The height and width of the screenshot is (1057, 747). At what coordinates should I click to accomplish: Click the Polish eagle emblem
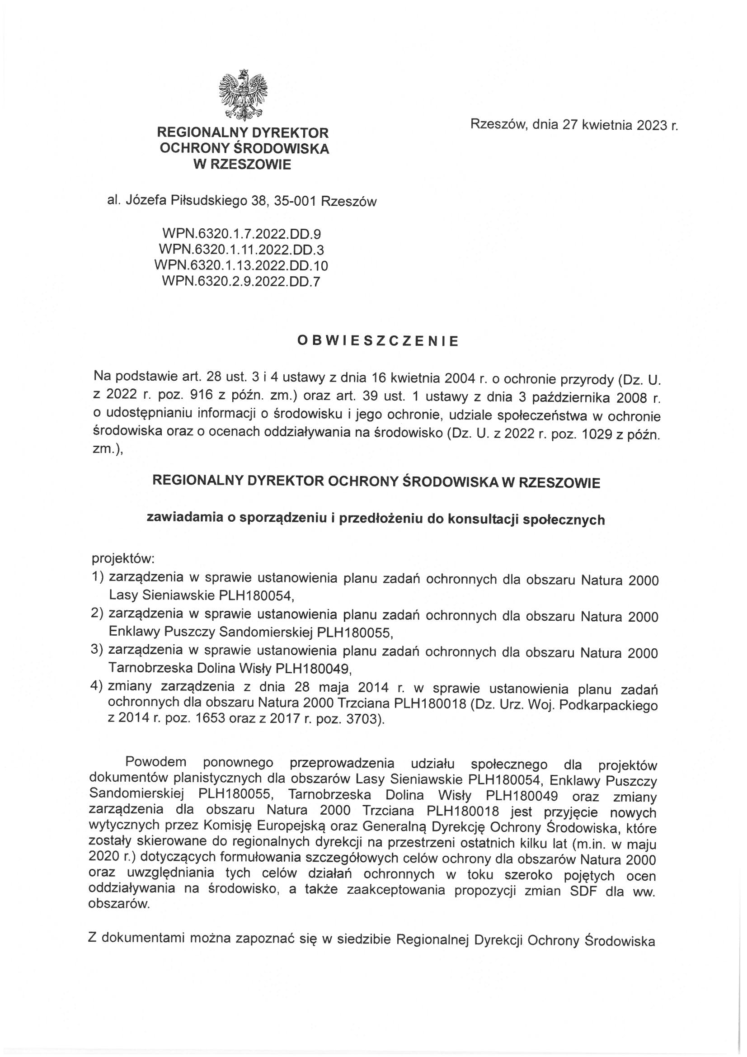243,94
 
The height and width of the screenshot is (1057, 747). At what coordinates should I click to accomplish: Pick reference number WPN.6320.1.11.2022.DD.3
241,250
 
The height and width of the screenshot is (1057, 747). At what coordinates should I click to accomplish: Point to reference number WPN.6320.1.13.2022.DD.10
241,266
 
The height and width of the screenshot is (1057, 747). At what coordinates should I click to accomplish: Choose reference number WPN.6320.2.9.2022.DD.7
241,281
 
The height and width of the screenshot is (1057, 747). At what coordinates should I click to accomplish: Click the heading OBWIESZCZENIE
378,341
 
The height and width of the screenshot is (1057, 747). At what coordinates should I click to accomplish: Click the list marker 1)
99,577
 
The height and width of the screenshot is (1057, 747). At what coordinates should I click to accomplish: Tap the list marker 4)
99,689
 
